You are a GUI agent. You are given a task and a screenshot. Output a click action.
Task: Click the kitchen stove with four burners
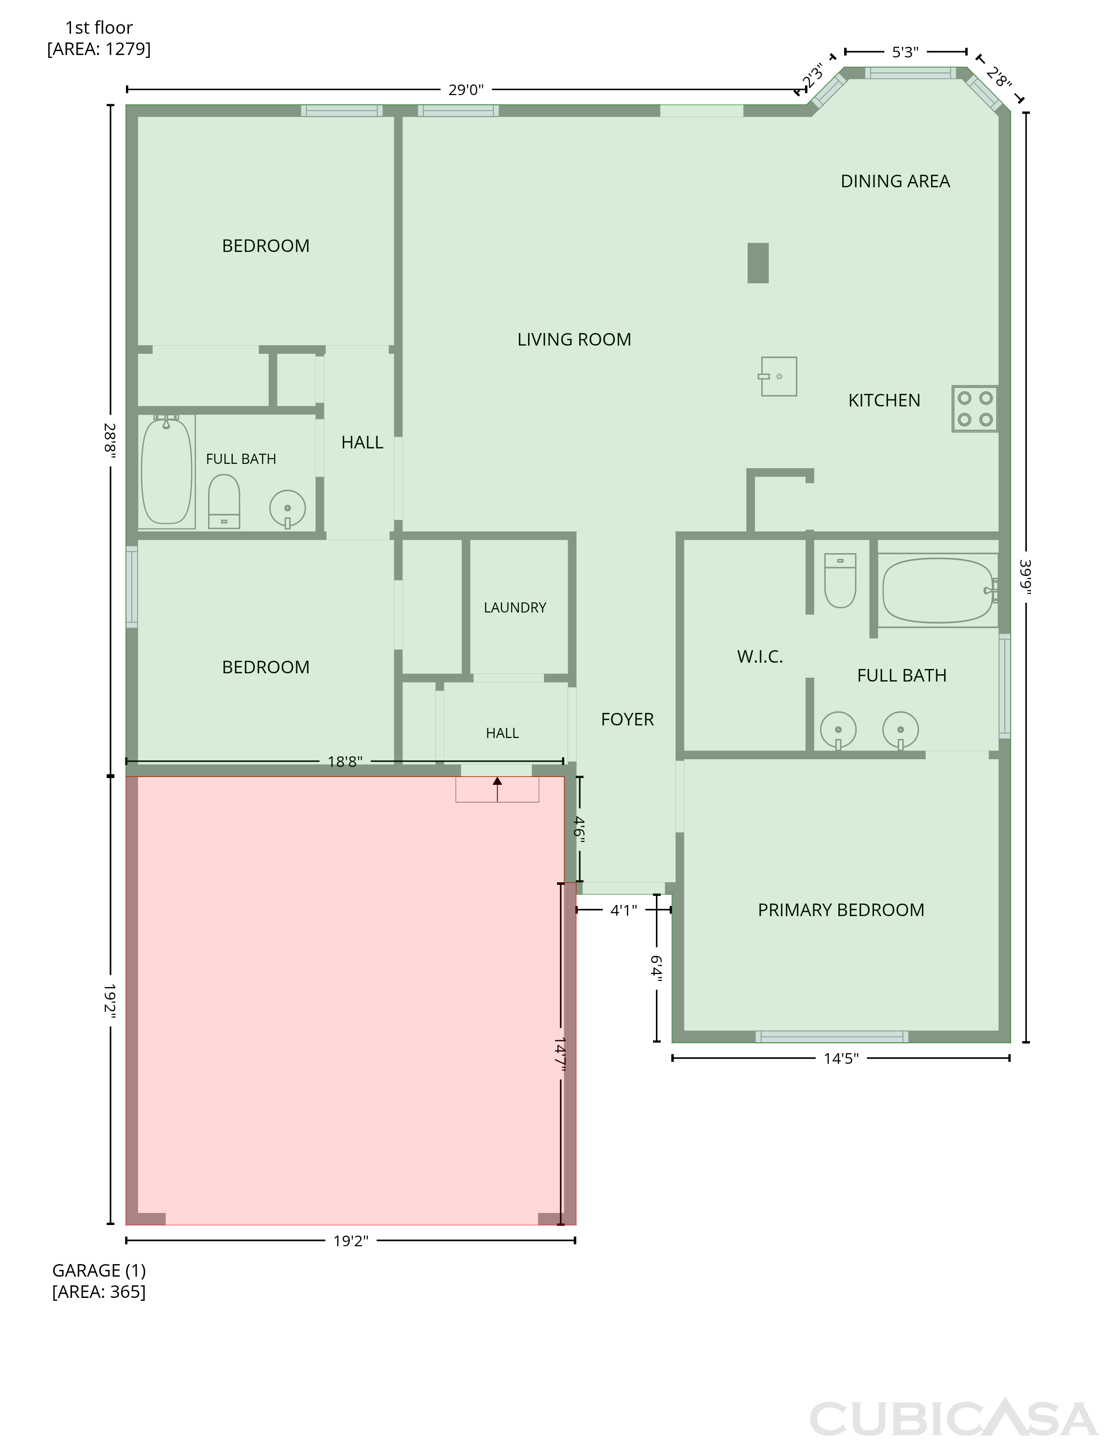[975, 408]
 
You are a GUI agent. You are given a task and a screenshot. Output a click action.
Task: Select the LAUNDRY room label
[515, 608]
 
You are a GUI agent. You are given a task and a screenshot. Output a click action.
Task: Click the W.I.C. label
[760, 657]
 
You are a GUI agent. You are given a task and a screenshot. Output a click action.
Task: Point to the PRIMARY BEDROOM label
[841, 910]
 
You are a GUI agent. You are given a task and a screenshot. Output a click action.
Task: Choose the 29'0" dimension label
[466, 90]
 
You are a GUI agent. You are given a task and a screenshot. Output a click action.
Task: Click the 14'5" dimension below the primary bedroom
[841, 1058]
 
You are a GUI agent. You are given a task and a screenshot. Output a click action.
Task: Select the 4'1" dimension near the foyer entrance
[624, 911]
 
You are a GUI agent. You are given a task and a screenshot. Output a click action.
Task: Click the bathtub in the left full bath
[167, 471]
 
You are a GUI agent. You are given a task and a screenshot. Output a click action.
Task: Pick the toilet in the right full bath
[840, 580]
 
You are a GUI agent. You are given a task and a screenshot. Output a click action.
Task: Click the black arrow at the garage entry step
[497, 789]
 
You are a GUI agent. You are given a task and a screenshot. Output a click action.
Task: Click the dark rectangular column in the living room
[758, 264]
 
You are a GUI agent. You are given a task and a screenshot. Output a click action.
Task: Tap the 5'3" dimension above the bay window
[905, 52]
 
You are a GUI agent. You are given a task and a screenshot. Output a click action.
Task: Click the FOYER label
[627, 719]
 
